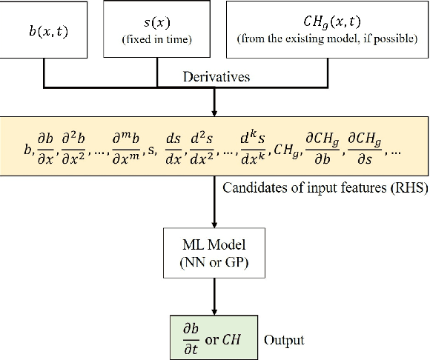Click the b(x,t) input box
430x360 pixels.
click(x=45, y=30)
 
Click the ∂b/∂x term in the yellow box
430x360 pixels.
click(x=44, y=148)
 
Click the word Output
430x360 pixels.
click(x=284, y=341)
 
